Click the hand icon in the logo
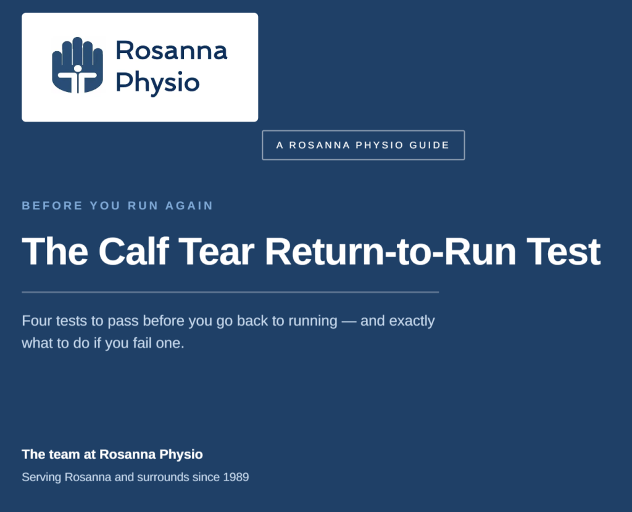tap(77, 65)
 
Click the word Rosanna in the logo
tap(172, 51)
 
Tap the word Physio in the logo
tap(157, 83)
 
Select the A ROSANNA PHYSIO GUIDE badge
tap(363, 145)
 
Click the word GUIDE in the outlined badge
tap(430, 145)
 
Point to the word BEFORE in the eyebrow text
tap(52, 205)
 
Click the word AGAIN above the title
tap(189, 205)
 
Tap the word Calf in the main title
tap(133, 251)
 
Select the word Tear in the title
tap(216, 251)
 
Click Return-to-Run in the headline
tap(390, 251)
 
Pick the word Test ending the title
tap(563, 251)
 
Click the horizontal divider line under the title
tap(230, 292)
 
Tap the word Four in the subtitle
tap(37, 321)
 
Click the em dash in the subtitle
tap(349, 321)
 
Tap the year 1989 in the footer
tap(236, 477)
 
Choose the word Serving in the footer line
tap(41, 477)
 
